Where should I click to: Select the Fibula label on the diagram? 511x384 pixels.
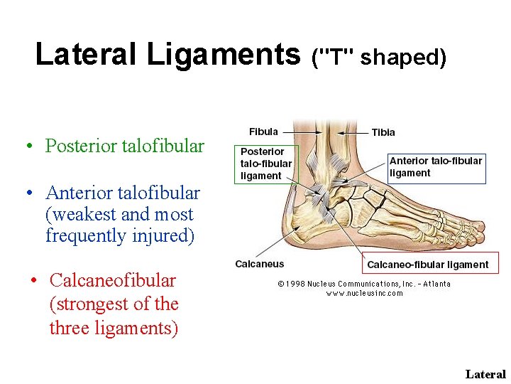(x=263, y=132)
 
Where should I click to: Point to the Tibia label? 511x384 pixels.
(x=383, y=132)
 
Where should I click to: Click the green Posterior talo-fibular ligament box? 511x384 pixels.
(x=266, y=164)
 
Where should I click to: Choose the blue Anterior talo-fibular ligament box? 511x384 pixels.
(x=436, y=166)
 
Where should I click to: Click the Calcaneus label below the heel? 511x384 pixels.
(x=260, y=264)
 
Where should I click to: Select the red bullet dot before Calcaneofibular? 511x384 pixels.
(x=33, y=282)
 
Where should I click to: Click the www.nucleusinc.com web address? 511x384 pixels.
(x=364, y=293)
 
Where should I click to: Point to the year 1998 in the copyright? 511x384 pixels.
(x=295, y=284)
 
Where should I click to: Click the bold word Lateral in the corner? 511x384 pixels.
(x=485, y=374)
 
